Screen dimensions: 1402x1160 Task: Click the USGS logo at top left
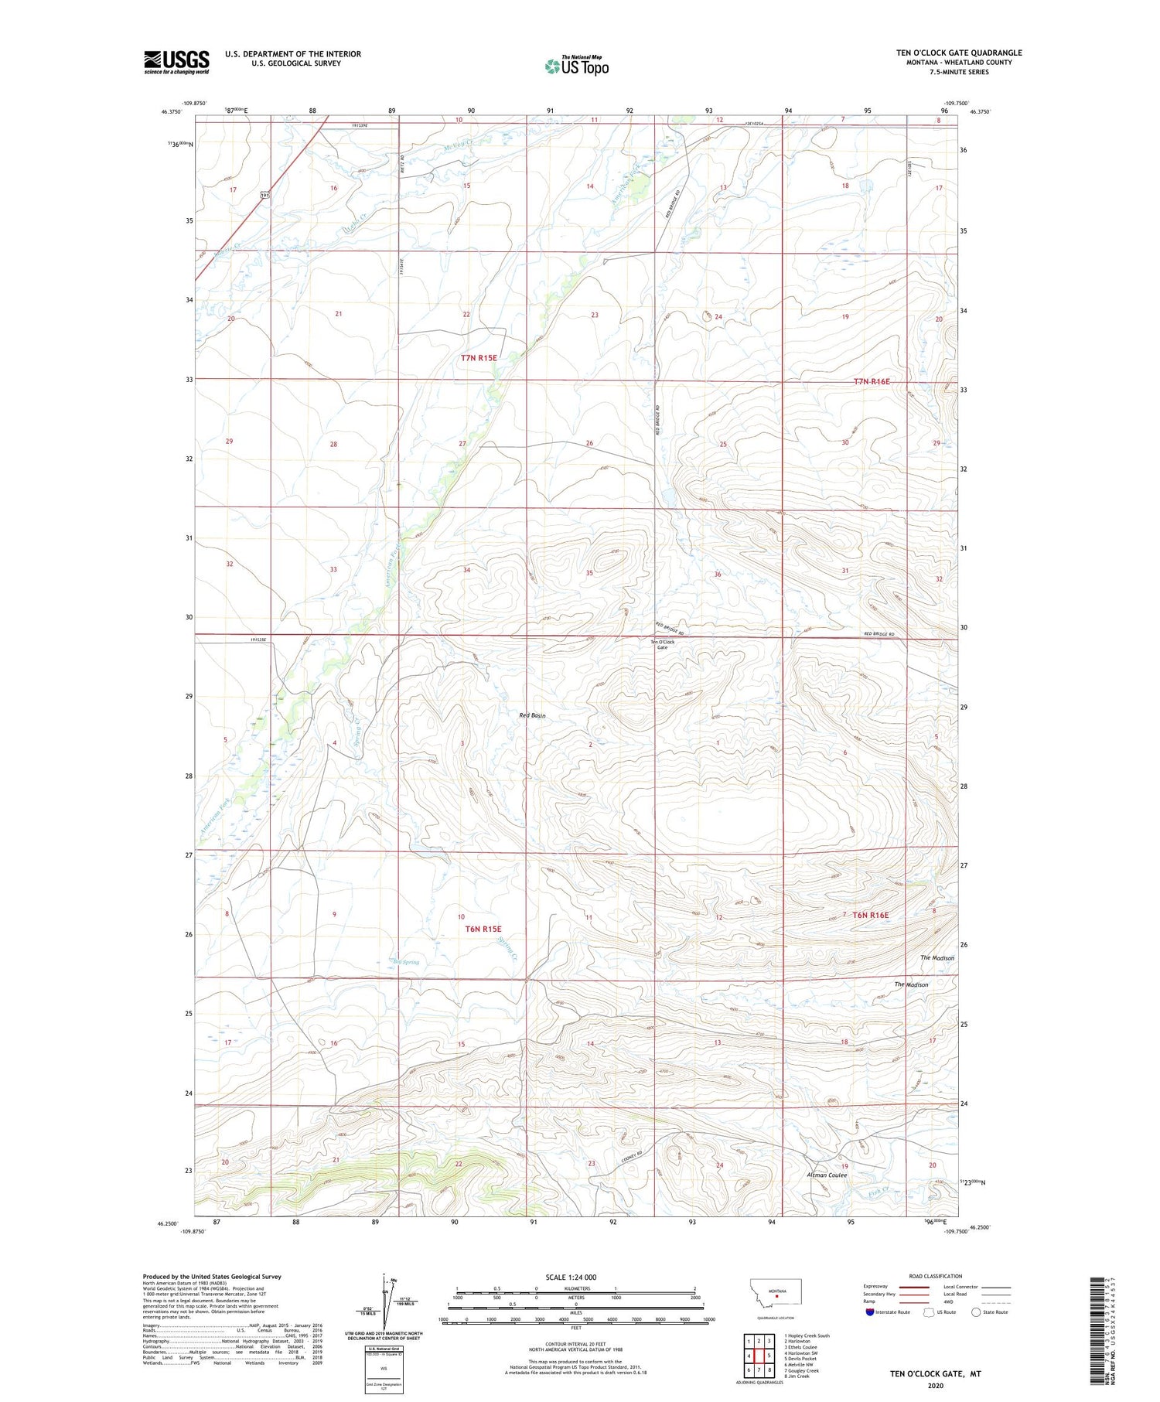coord(176,62)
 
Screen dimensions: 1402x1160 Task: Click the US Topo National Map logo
coord(576,66)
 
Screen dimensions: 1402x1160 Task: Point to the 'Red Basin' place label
coord(532,715)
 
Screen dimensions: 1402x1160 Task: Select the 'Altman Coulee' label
coord(827,1175)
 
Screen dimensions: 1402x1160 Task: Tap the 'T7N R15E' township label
coord(479,358)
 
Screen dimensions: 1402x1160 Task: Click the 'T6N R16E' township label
coord(870,915)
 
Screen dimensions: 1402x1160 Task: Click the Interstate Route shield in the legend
coord(870,1312)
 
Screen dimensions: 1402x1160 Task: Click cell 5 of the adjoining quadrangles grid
coord(769,1356)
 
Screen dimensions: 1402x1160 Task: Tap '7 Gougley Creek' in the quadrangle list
coord(801,1370)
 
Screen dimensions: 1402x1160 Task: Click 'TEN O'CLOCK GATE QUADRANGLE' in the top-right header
coord(959,53)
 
